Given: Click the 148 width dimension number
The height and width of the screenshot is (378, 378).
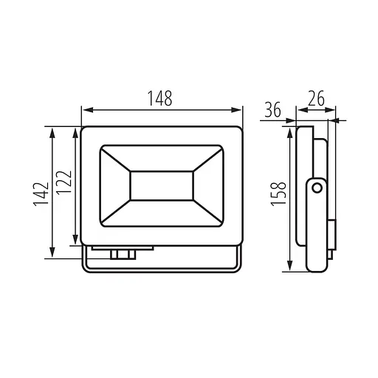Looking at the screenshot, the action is pos(159,98).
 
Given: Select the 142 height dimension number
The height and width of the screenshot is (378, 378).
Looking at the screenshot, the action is pos(41,194).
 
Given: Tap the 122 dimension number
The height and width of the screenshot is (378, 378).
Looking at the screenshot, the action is pos(63,182).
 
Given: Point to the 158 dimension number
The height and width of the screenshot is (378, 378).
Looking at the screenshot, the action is pos(278,193).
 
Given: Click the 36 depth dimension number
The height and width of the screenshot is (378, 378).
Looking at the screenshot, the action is pos(272,109).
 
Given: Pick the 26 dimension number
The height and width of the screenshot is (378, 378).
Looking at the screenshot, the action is pos(317,98).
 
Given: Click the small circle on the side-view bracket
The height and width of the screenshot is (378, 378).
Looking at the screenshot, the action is pos(317,188).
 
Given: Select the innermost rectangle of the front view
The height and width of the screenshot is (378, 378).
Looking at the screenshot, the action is pos(162,185).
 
